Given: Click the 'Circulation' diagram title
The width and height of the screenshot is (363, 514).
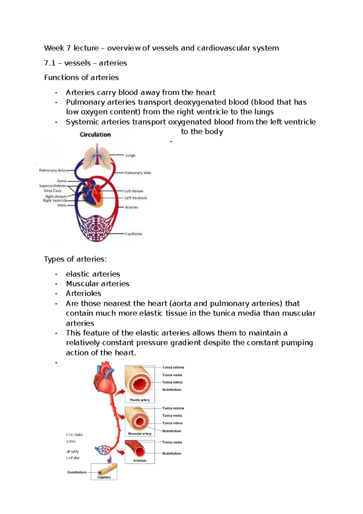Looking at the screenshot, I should pyautogui.click(x=95, y=135).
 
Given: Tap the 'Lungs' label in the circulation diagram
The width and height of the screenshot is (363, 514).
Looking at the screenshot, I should pyautogui.click(x=130, y=155).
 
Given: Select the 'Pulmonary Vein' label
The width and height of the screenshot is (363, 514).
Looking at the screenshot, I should pyautogui.click(x=138, y=173).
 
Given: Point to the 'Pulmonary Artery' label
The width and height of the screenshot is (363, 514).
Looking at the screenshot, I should pyautogui.click(x=53, y=170).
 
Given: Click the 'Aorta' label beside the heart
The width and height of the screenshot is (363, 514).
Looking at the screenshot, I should pyautogui.click(x=62, y=181).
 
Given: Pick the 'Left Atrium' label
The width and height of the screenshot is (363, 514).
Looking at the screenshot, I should pyautogui.click(x=134, y=191).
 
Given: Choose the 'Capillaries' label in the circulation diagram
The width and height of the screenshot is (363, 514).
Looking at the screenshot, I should pyautogui.click(x=133, y=234).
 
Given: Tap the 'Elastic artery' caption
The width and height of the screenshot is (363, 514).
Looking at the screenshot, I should pyautogui.click(x=140, y=400).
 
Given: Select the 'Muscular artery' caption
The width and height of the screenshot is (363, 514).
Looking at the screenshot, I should pyautogui.click(x=140, y=434).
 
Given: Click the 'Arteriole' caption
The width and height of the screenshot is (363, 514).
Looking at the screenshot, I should pyautogui.click(x=140, y=461).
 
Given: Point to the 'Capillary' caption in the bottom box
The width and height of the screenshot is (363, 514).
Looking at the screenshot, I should pyautogui.click(x=104, y=477).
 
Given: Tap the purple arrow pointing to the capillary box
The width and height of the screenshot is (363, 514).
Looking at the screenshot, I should pyautogui.click(x=109, y=459).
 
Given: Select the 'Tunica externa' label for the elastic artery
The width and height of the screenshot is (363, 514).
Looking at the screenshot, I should pyautogui.click(x=173, y=367).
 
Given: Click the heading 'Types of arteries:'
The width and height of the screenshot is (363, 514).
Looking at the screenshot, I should pyautogui.click(x=75, y=259).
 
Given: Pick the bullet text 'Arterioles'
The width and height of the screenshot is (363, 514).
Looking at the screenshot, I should pyautogui.click(x=83, y=293).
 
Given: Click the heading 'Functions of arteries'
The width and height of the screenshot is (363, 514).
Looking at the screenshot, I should pyautogui.click(x=81, y=78).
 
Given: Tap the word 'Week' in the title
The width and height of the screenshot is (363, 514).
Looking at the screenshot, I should pyautogui.click(x=54, y=48).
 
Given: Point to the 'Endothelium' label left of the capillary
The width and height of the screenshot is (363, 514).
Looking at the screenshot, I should pyautogui.click(x=77, y=472).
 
